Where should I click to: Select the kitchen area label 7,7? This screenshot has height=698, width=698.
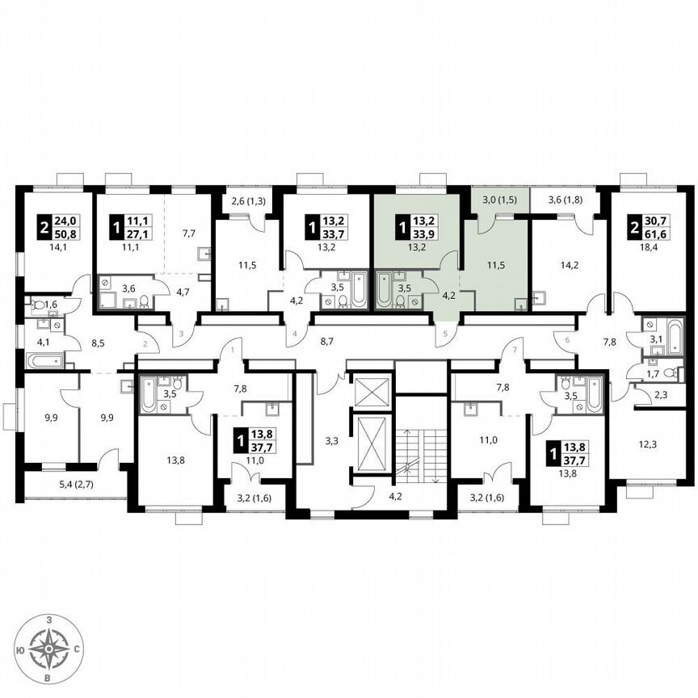188,234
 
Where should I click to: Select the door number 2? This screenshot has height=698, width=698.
145,344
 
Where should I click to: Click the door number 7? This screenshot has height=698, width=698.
511,350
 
